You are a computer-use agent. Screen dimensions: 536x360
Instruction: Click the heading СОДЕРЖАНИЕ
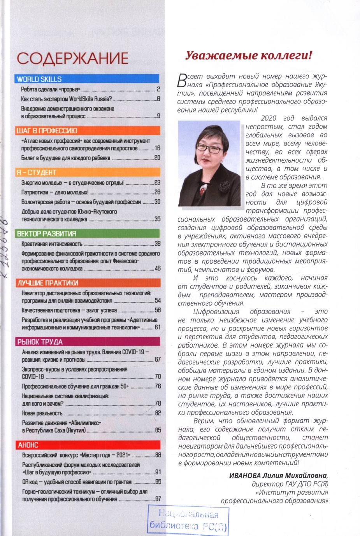pyautogui.click(x=73, y=58)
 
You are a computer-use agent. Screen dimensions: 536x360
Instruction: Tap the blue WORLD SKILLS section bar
pyautogui.click(x=86, y=79)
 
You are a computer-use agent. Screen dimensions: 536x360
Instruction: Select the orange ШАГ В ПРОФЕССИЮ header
pyautogui.click(x=86, y=130)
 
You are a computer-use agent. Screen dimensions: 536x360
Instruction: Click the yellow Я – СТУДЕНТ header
pyautogui.click(x=86, y=172)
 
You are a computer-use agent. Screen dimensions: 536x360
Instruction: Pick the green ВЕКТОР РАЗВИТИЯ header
pyautogui.click(x=86, y=233)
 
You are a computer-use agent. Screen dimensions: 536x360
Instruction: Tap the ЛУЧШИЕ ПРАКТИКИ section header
pyautogui.click(x=86, y=283)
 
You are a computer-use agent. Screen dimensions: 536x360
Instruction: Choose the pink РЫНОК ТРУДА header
pyautogui.click(x=86, y=342)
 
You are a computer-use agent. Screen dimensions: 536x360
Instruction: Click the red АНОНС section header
pyautogui.click(x=86, y=445)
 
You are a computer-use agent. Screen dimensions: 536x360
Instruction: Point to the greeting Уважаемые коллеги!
pyautogui.click(x=248, y=56)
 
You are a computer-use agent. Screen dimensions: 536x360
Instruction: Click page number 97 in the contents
pyautogui.click(x=158, y=499)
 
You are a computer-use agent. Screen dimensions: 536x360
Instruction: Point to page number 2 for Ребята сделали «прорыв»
pyautogui.click(x=158, y=89)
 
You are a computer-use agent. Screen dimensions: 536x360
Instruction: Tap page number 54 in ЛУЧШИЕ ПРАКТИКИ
pyautogui.click(x=158, y=301)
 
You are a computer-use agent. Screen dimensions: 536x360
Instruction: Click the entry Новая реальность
pyautogui.click(x=42, y=413)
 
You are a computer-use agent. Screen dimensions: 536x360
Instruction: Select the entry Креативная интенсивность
pyautogui.click(x=52, y=244)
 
